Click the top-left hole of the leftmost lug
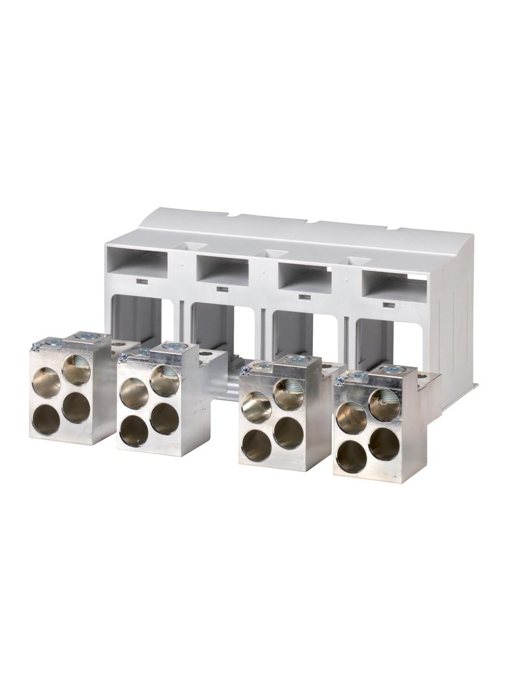tap(46, 382)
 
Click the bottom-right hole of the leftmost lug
tap(76, 408)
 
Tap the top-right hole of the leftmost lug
tap(76, 369)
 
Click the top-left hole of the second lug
tap(133, 393)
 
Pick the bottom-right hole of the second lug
tap(165, 419)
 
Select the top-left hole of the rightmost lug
tap(351, 418)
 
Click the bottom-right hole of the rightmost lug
tap(384, 444)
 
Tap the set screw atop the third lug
tap(297, 358)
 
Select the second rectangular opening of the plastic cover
tap(223, 272)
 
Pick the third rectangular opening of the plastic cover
tap(305, 277)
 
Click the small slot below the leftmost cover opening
tap(140, 281)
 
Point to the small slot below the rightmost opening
tap(388, 305)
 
